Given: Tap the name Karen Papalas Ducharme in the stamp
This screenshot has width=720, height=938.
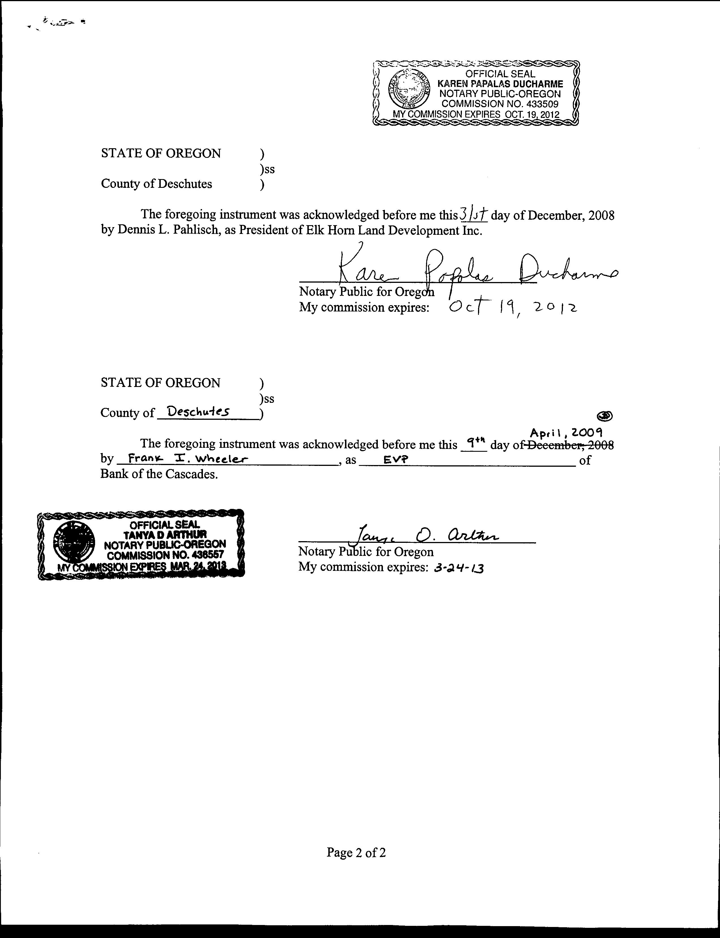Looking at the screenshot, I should point(500,84).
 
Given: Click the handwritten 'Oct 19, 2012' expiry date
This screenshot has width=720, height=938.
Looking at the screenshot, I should point(512,307).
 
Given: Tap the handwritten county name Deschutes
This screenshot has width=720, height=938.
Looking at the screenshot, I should point(198,412).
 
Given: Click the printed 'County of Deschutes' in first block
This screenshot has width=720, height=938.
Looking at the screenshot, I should point(157,184).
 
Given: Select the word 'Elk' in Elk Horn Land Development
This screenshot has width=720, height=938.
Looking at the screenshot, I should point(302,231).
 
